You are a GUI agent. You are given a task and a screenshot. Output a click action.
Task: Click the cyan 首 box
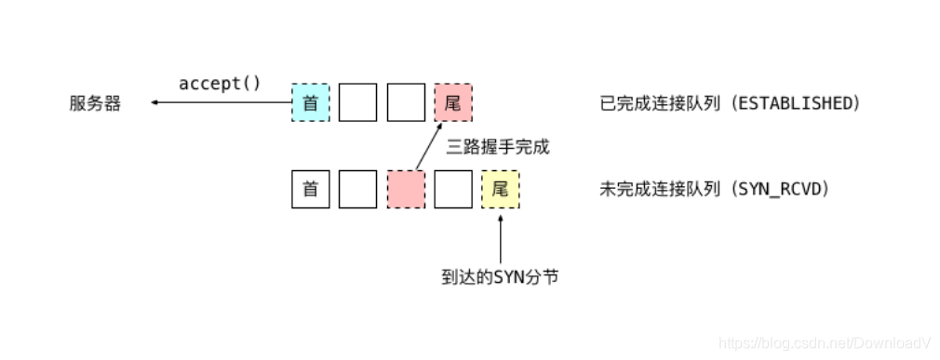(x=311, y=102)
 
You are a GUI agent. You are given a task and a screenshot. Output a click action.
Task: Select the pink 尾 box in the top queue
(x=452, y=102)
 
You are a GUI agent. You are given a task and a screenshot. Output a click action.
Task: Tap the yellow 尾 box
(x=501, y=189)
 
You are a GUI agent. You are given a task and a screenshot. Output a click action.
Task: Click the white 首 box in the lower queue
(x=311, y=189)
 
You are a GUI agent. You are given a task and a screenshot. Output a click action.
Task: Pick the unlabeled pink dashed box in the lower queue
(x=406, y=189)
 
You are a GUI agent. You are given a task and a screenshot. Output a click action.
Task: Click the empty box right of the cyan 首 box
(x=357, y=102)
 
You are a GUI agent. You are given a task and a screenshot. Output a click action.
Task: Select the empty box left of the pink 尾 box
(x=406, y=102)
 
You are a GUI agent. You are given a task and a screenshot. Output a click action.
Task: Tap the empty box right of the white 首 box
(x=357, y=189)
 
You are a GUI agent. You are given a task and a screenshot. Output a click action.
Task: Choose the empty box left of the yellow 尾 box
(x=453, y=189)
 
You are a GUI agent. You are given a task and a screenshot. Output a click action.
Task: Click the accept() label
(x=220, y=83)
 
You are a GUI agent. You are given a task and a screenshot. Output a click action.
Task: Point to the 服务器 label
(x=95, y=103)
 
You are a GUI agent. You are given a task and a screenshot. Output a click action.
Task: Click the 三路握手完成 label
(x=498, y=146)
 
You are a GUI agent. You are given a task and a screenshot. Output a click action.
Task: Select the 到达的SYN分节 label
(x=501, y=276)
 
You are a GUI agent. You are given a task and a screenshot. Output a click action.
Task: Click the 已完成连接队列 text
(x=659, y=103)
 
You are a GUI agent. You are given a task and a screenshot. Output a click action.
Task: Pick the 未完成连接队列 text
(x=659, y=189)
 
